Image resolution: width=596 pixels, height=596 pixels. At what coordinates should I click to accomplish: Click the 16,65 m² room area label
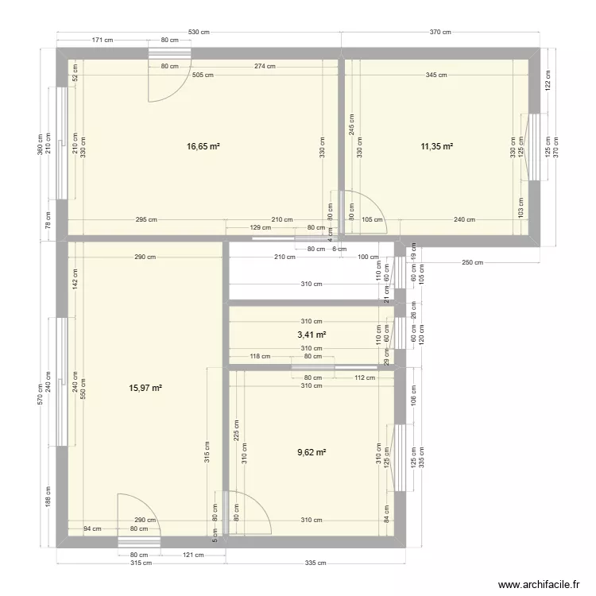203,146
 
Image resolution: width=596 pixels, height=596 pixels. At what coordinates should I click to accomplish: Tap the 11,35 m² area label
436,146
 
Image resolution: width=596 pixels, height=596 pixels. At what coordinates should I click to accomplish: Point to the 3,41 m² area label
312,335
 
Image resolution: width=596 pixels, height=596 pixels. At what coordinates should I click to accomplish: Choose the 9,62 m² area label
312,452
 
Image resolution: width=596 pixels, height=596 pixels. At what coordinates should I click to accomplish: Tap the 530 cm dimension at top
199,32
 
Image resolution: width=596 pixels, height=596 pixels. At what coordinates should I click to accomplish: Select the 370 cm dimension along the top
440,32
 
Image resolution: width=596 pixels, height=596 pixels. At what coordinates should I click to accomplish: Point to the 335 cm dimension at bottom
315,563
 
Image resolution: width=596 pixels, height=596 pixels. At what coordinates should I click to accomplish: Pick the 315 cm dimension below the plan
141,563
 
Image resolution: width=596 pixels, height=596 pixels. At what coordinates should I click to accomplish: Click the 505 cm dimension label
203,75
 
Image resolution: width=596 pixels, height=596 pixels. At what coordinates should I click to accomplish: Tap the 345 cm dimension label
436,75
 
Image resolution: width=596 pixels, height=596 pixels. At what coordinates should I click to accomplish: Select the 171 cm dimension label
102,40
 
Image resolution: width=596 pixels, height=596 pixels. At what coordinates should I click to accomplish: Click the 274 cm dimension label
265,66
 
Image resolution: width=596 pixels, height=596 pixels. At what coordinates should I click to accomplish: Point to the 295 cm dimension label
146,220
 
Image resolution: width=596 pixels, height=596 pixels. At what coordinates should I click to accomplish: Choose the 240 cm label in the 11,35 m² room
465,220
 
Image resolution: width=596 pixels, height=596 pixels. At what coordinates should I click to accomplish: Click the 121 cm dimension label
193,555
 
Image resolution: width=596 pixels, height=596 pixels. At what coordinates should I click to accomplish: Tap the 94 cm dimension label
92,528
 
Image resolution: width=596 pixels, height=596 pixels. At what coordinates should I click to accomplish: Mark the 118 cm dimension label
260,357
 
